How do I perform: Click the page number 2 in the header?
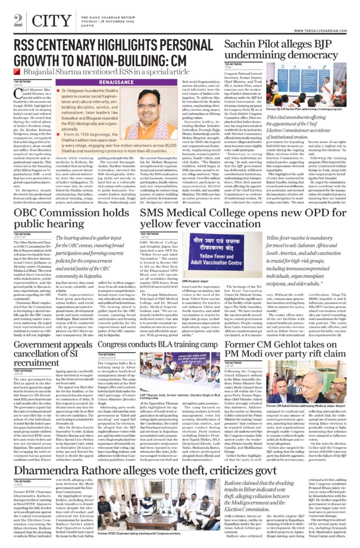coord(18,20)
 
